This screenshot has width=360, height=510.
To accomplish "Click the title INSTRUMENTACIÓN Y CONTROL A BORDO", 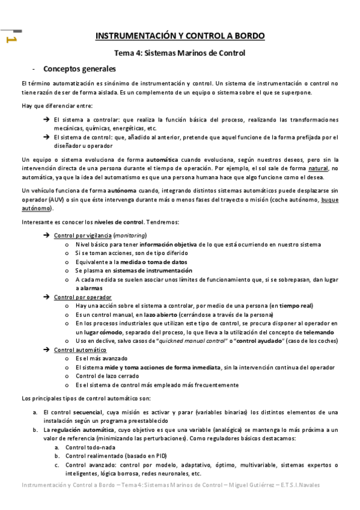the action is pyautogui.click(x=180, y=37).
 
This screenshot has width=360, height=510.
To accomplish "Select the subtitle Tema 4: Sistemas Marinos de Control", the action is pyautogui.click(x=180, y=53).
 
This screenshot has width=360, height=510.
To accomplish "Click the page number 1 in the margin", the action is pyautogui.click(x=10, y=39).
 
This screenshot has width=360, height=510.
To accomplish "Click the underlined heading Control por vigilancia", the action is pyautogui.click(x=82, y=235).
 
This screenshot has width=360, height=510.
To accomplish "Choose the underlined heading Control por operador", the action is pyautogui.click(x=82, y=297).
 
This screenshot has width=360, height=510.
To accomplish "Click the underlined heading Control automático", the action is pyautogui.click(x=80, y=350).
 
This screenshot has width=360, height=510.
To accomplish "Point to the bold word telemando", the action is pyautogui.click(x=320, y=332).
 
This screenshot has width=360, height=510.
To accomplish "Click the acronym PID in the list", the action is pyautogui.click(x=158, y=456).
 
